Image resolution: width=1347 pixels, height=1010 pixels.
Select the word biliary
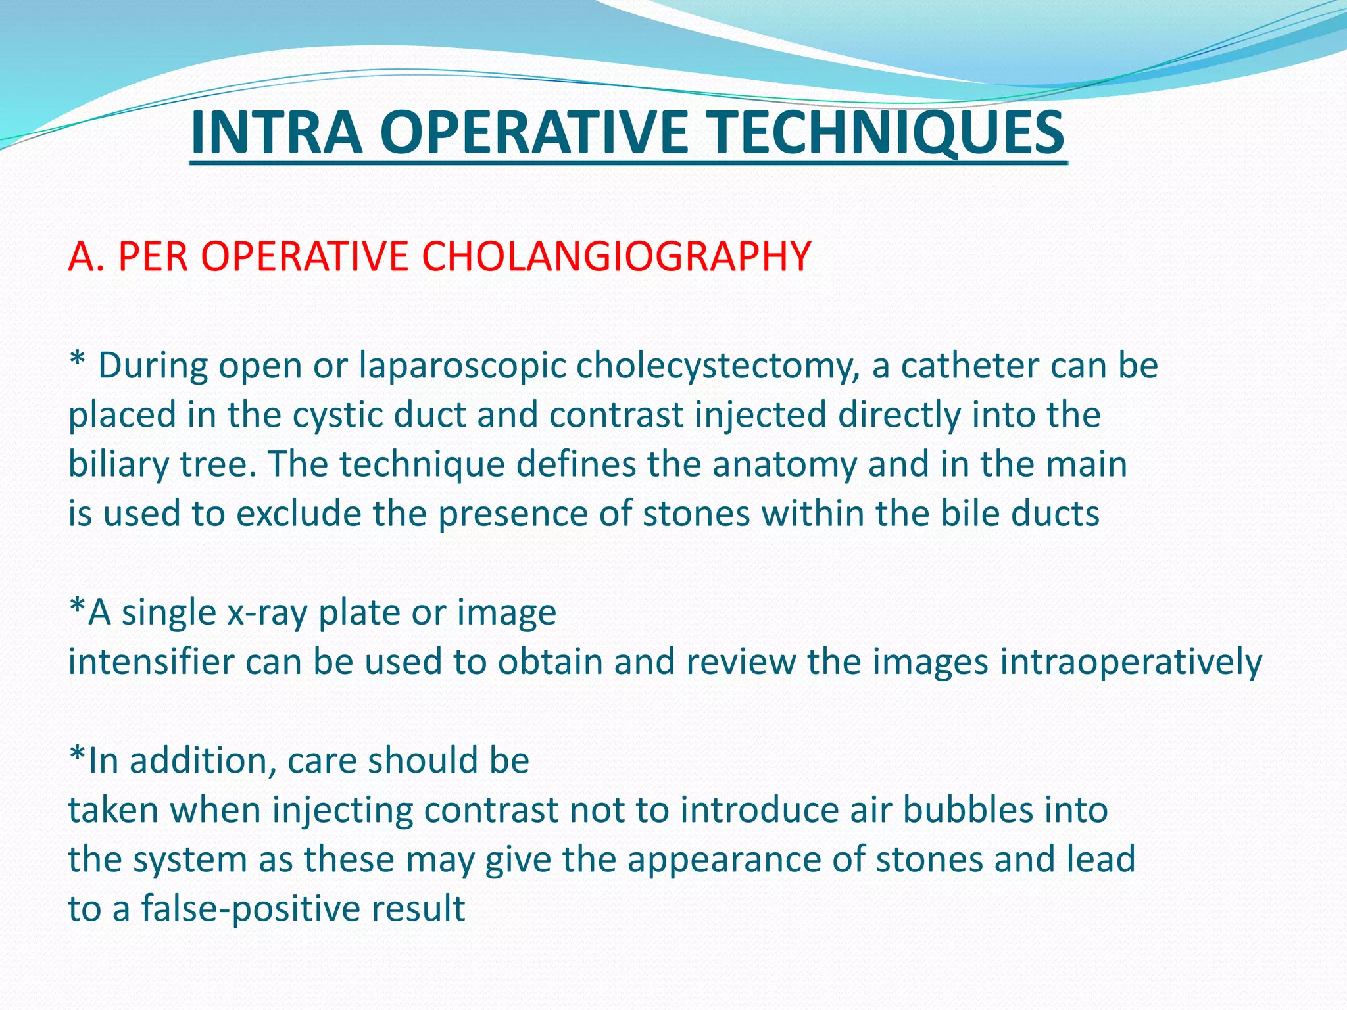119,464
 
